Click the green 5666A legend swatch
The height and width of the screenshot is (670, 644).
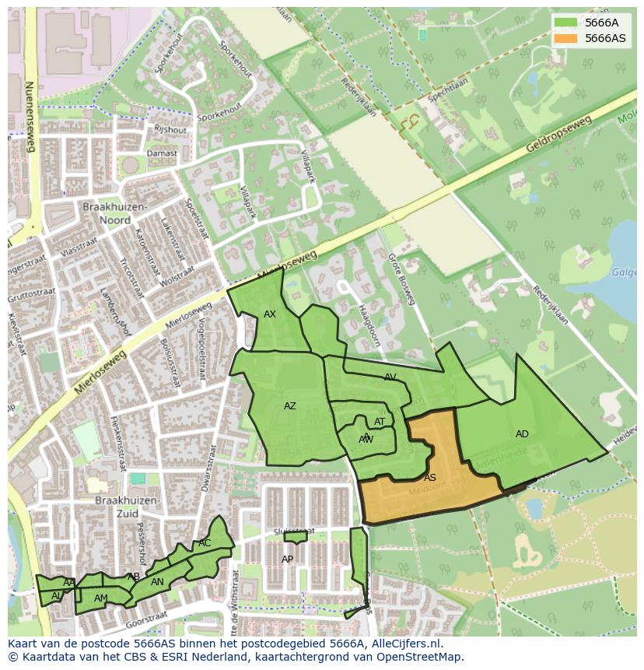coord(565,23)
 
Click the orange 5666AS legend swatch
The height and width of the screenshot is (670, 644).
coord(565,38)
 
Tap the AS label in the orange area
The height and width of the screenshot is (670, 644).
coord(429,478)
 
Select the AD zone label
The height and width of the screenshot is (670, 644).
coord(522,434)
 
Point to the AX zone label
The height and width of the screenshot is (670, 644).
coord(270,314)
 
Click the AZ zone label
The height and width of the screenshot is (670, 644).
coord(290,406)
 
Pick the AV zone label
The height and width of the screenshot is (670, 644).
coord(390,377)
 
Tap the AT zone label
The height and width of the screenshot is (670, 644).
coord(380,423)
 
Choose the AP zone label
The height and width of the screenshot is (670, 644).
coord(288,560)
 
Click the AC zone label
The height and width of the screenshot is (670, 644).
coord(205,543)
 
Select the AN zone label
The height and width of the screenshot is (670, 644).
coord(157,582)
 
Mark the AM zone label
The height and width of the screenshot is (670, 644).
coord(101,598)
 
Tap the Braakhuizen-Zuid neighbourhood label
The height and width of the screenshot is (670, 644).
coord(128,507)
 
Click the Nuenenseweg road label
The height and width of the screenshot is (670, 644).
coord(30,117)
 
